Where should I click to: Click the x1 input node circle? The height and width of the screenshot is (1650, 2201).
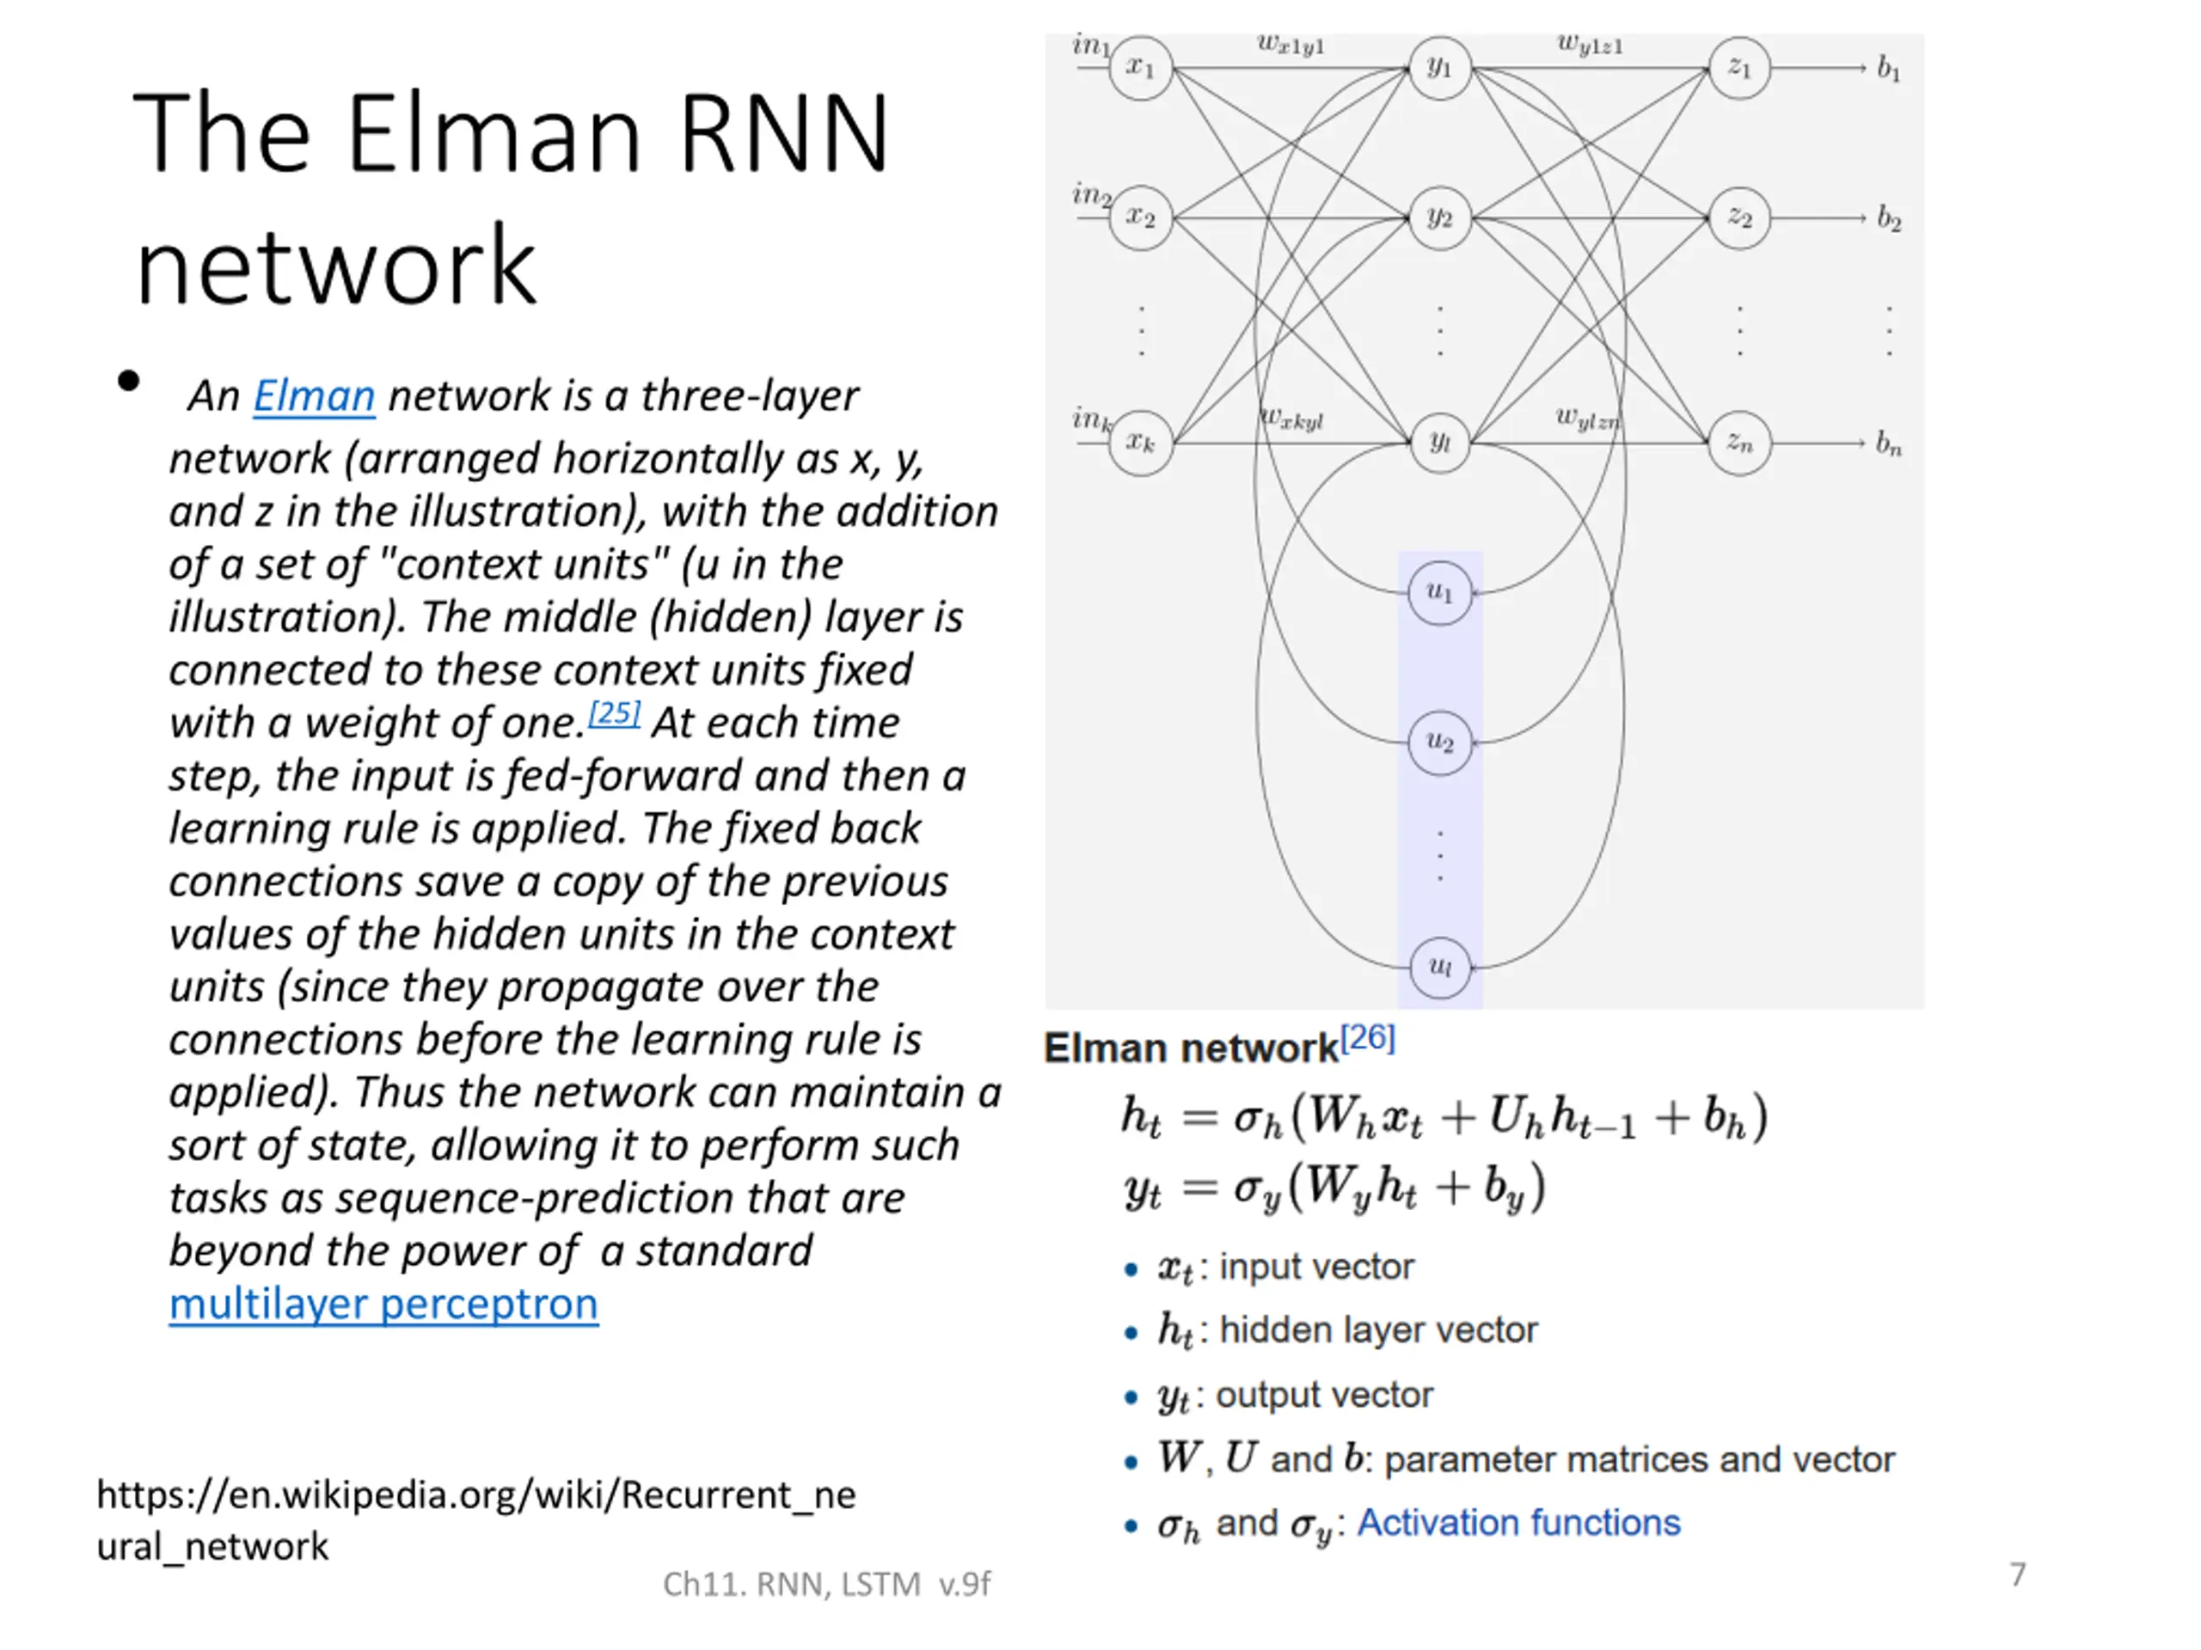tap(1140, 68)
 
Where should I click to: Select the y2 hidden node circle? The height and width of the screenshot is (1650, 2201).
tap(1440, 217)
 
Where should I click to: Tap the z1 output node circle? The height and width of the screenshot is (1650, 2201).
tap(1739, 68)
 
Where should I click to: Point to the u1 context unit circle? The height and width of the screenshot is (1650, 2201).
tap(1440, 593)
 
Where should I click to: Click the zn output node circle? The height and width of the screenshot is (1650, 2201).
tap(1739, 443)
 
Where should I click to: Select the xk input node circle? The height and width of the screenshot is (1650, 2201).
tap(1140, 443)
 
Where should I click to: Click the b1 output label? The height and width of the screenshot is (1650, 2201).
tap(1887, 69)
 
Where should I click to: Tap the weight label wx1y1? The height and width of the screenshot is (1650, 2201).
tap(1291, 44)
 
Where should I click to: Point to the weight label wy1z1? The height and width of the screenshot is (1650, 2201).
tap(1590, 44)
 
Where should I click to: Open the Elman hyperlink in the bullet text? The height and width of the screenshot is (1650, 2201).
tap(314, 396)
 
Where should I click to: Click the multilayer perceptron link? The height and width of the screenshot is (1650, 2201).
tap(383, 1304)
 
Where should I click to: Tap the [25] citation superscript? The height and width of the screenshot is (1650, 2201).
tap(614, 713)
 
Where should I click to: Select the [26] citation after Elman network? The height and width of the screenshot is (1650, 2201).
tap(1368, 1038)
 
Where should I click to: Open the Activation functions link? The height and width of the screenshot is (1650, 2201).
tap(1518, 1523)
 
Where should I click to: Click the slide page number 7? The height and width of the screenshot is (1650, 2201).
tap(2017, 1574)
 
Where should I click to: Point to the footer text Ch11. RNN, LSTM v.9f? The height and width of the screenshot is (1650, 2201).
tap(826, 1583)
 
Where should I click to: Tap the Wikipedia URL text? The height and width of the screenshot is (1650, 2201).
tap(475, 1519)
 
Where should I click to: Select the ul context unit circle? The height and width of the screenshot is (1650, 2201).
tap(1440, 967)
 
